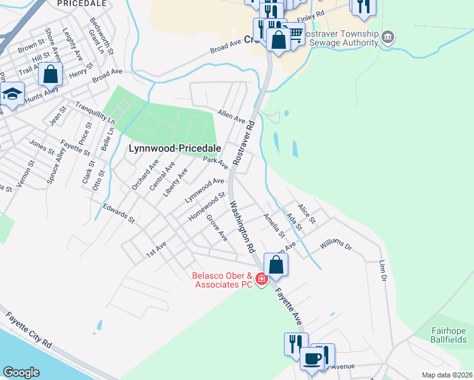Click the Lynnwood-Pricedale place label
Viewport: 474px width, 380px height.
175,148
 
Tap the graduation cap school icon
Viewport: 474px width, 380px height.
12,94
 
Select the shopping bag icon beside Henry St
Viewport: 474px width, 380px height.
50,74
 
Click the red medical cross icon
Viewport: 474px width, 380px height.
260,278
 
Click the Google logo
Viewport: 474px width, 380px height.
22,372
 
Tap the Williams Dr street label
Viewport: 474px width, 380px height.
335,244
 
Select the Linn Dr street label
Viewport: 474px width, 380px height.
382,269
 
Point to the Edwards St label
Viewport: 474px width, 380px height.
120,213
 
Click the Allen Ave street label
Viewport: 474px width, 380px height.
231,115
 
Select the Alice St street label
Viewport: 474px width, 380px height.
306,213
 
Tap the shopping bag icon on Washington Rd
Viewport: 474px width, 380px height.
276,264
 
